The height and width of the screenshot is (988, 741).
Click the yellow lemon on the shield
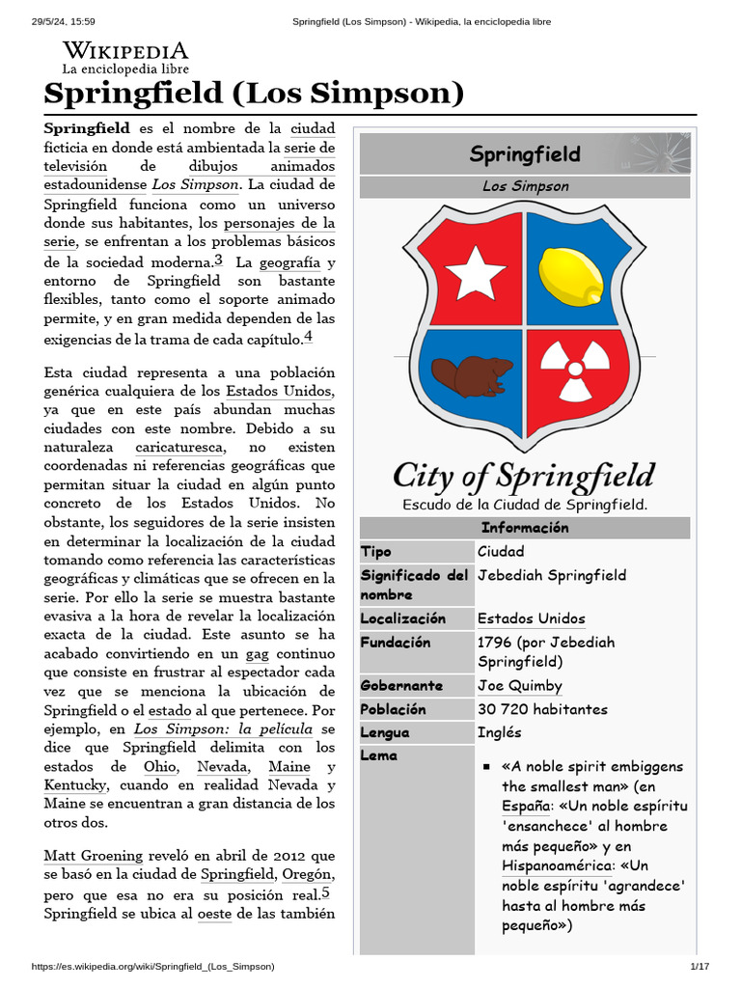570,276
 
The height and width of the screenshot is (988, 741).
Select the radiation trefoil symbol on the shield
575,370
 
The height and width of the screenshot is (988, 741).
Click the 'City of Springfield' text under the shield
524,476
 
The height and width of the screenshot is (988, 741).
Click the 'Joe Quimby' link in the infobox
519,686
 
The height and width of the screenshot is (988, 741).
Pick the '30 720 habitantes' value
542,709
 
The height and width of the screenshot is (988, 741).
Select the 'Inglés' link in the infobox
499,732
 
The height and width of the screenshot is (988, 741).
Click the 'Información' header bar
524,528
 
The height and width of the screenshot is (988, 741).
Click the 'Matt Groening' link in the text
93,856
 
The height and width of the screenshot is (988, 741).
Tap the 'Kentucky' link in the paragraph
74,785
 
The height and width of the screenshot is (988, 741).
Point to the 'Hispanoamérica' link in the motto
556,866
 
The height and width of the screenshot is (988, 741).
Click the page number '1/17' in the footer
699,966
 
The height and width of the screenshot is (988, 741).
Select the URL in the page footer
153,966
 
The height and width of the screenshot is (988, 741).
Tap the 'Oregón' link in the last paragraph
308,874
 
